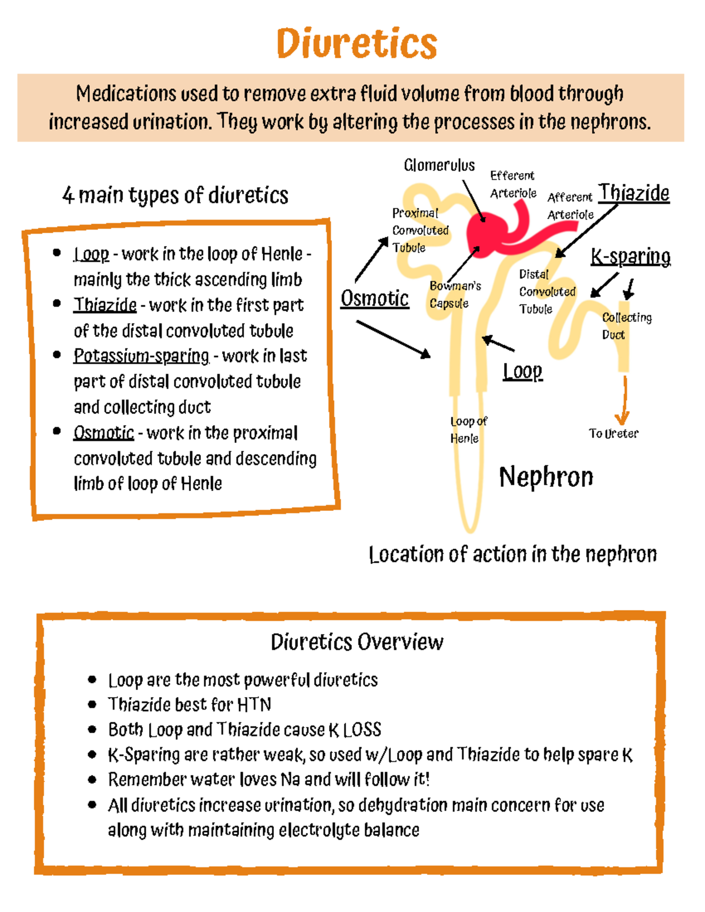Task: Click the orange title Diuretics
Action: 357,43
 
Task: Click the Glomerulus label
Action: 439,166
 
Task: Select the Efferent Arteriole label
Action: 513,184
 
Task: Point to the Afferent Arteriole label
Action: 570,206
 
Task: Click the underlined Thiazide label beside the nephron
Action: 634,193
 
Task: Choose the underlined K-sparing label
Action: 630,257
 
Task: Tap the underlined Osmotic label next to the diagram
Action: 375,298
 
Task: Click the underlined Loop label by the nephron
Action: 522,371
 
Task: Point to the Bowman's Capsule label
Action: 455,294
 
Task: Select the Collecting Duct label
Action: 626,326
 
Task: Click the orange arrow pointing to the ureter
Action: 623,402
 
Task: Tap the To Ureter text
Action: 613,433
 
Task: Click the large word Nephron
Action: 546,476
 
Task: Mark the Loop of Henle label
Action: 468,429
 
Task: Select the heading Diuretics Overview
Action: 357,642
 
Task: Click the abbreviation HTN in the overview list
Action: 254,704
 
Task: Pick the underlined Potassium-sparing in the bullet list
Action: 141,356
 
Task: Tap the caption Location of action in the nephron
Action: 512,554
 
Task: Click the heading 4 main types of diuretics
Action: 175,195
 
